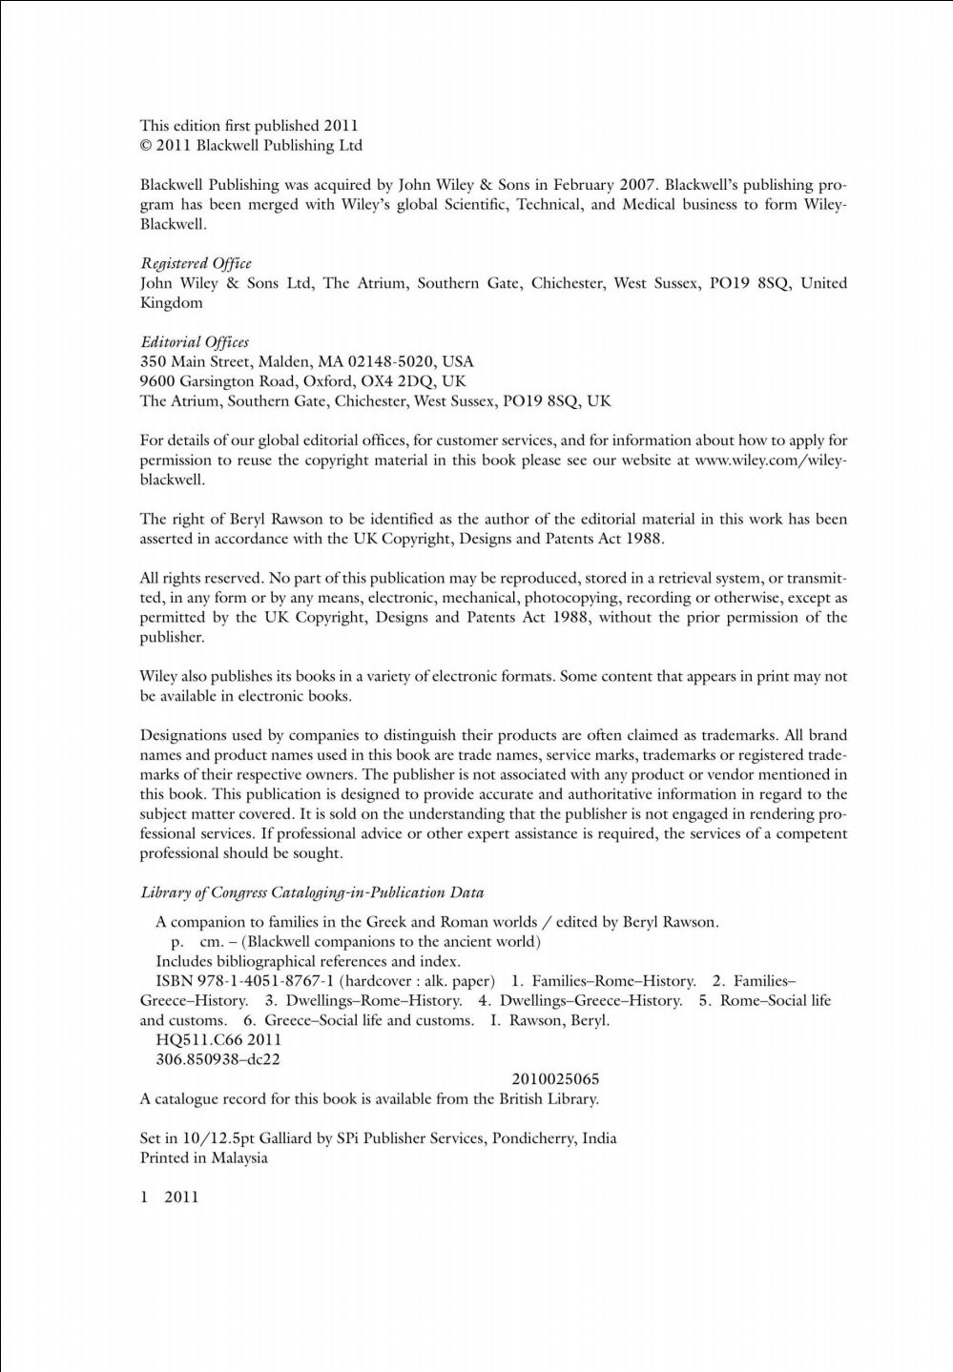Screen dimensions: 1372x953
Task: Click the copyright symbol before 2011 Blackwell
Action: (147, 146)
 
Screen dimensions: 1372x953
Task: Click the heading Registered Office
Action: (196, 263)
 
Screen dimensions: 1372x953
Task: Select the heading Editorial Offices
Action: (195, 341)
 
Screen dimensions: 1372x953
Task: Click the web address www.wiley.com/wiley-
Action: (771, 460)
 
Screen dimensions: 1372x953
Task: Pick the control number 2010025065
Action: (555, 1079)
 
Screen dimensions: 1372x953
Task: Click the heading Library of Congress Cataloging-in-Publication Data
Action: (312, 893)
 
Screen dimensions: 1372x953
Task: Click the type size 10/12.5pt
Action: (207, 1138)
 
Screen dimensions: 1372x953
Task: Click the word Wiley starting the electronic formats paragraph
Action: (158, 677)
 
